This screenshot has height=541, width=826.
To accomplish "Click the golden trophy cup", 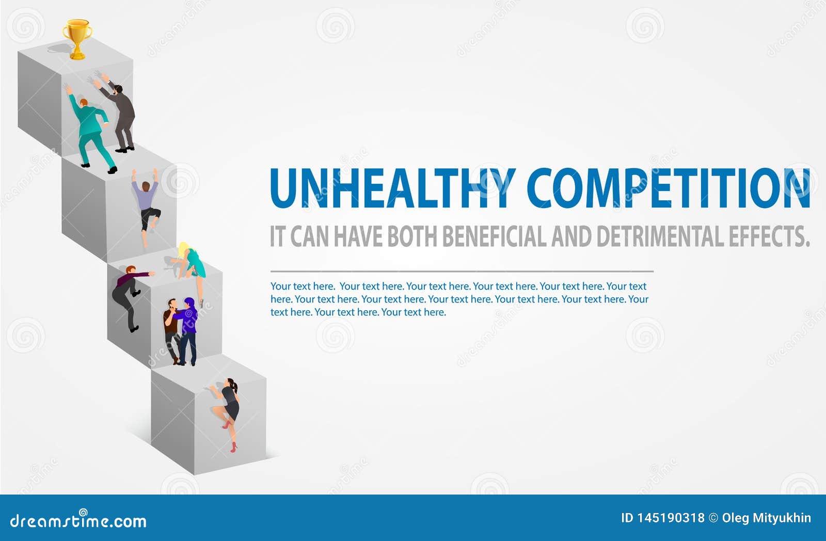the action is pyautogui.click(x=77, y=39).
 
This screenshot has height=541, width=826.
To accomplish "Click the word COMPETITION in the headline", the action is pyautogui.click(x=668, y=188).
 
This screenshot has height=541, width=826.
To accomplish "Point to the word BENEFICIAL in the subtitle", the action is pyautogui.click(x=494, y=236).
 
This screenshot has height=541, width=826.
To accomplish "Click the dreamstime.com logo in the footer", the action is pyautogui.click(x=78, y=520).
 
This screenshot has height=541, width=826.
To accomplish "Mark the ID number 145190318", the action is pyautogui.click(x=671, y=518).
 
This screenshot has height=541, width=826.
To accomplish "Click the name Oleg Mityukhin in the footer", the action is pyautogui.click(x=766, y=518).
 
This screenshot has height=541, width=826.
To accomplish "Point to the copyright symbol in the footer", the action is pyautogui.click(x=713, y=518).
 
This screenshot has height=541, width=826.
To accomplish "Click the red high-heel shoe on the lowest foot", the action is pyautogui.click(x=233, y=448).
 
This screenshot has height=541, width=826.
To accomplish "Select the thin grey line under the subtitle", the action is pyautogui.click(x=462, y=271).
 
